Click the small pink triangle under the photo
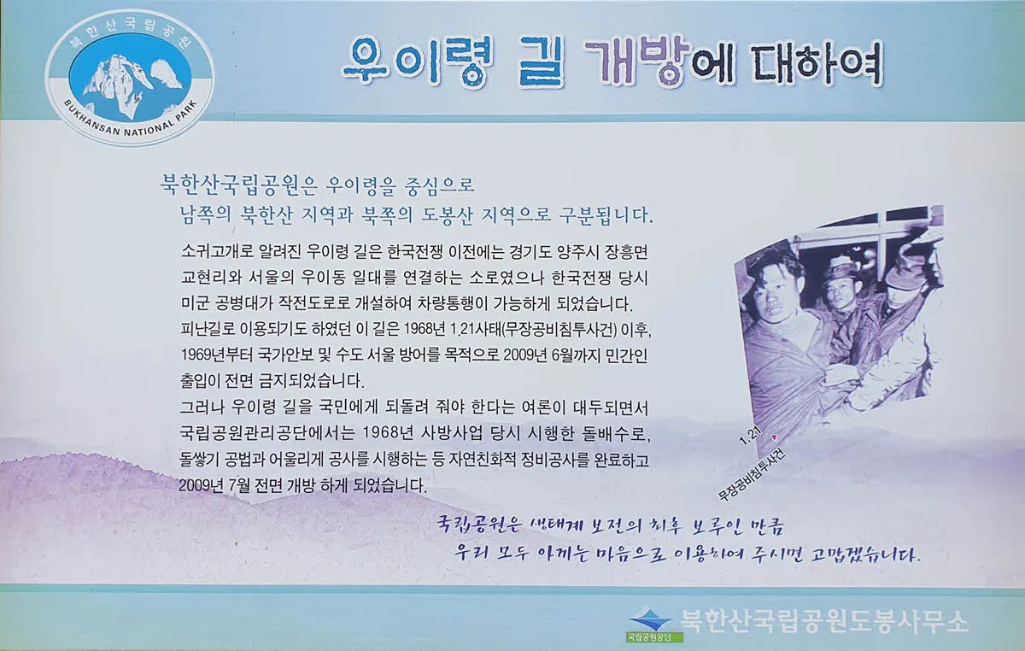click(774, 437)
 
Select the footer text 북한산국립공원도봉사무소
click(824, 621)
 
